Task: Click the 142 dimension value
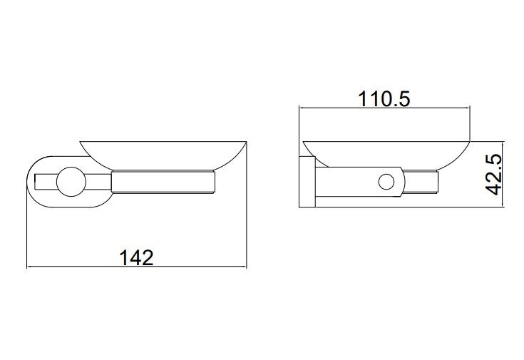[136, 257]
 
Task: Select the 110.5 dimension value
[384, 99]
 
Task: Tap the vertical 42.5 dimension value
[493, 174]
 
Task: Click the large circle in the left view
[71, 182]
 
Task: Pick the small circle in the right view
[386, 182]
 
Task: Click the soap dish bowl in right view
[386, 154]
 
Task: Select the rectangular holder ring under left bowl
[163, 182]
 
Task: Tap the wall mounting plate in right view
[307, 182]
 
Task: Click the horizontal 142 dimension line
[136, 267]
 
